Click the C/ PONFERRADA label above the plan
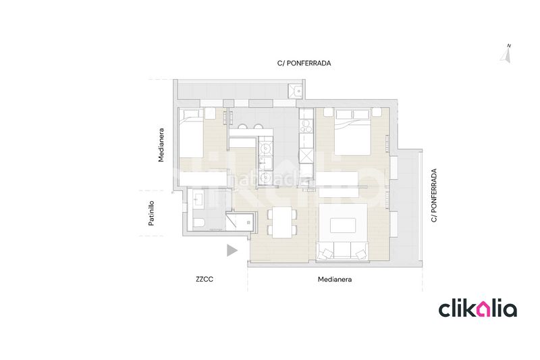pyautogui.click(x=304, y=63)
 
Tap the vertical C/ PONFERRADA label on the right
pyautogui.click(x=434, y=195)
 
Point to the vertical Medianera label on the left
pyautogui.click(x=161, y=145)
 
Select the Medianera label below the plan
pyautogui.click(x=335, y=280)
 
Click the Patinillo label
pyautogui.click(x=151, y=213)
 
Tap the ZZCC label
pyautogui.click(x=205, y=280)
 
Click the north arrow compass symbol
pyautogui.click(x=506, y=54)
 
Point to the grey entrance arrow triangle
pyautogui.click(x=232, y=251)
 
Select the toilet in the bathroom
pyautogui.click(x=198, y=222)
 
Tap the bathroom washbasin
pyautogui.click(x=198, y=200)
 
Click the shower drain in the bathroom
pyautogui.click(x=248, y=222)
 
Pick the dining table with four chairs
pyautogui.click(x=282, y=222)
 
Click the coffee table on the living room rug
pyautogui.click(x=343, y=226)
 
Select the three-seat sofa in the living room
pyautogui.click(x=342, y=251)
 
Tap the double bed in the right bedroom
pyautogui.click(x=352, y=132)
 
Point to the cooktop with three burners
pyautogui.click(x=306, y=126)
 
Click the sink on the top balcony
pyautogui.click(x=295, y=91)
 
